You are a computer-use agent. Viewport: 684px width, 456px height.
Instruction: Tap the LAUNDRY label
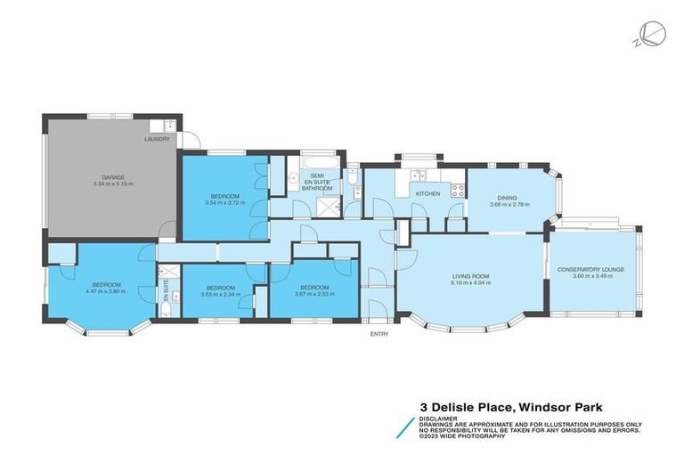(x=158, y=140)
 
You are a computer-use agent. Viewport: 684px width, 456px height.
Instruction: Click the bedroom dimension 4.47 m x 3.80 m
(x=103, y=291)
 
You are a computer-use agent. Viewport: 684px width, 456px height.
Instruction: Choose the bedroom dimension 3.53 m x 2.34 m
(x=219, y=293)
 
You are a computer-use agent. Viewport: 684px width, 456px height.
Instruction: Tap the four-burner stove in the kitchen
(x=457, y=190)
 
